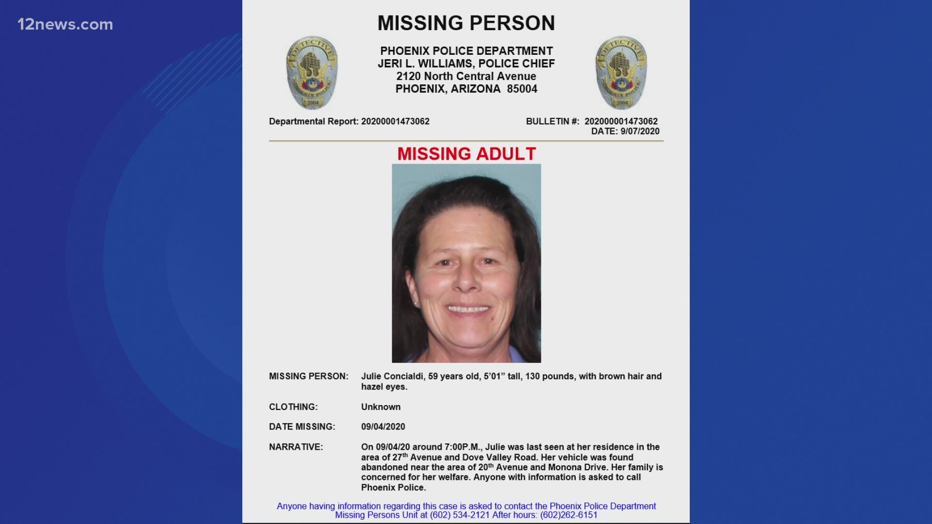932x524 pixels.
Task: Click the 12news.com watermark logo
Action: [x=65, y=24]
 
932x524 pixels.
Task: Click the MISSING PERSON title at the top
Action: [x=466, y=23]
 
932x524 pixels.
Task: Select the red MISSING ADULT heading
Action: [x=466, y=154]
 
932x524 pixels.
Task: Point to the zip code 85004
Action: [x=522, y=89]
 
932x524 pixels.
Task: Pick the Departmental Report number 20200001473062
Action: [x=395, y=121]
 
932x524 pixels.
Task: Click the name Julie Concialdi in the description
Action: [x=392, y=377]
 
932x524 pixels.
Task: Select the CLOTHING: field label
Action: [x=293, y=407]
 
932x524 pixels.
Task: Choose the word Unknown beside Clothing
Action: [x=381, y=407]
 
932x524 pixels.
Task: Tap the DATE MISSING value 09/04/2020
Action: [x=383, y=427]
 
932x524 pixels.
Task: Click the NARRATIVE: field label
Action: [x=296, y=447]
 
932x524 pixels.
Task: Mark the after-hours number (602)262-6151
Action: [x=568, y=515]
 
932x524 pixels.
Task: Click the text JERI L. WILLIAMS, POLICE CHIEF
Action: [x=466, y=64]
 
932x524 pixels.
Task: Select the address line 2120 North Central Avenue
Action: [x=466, y=77]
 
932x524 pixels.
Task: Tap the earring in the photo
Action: [x=416, y=304]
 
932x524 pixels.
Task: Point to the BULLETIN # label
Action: [x=552, y=121]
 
